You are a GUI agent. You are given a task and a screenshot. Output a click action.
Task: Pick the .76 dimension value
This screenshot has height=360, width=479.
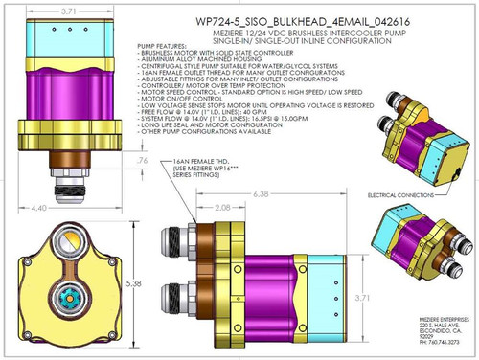142,162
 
